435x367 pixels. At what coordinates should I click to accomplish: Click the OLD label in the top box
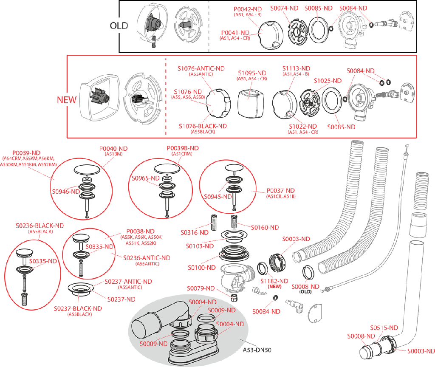[119, 25]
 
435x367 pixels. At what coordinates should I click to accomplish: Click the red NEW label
[67, 100]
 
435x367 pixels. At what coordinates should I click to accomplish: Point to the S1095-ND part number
[252, 73]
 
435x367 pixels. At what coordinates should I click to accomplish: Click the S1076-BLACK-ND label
[202, 126]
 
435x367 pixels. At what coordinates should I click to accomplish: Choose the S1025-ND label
[328, 81]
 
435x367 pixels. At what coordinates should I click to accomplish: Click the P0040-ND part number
[113, 149]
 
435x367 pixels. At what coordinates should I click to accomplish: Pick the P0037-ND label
[280, 191]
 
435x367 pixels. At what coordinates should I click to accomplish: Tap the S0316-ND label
[195, 232]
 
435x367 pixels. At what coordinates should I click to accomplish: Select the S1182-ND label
[274, 281]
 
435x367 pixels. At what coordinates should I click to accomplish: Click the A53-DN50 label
[257, 350]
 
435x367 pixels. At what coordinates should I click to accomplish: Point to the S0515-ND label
[384, 328]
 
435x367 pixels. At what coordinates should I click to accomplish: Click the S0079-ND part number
[201, 289]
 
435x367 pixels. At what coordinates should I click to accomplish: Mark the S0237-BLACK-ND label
[78, 308]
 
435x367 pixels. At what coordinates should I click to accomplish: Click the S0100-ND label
[202, 268]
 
